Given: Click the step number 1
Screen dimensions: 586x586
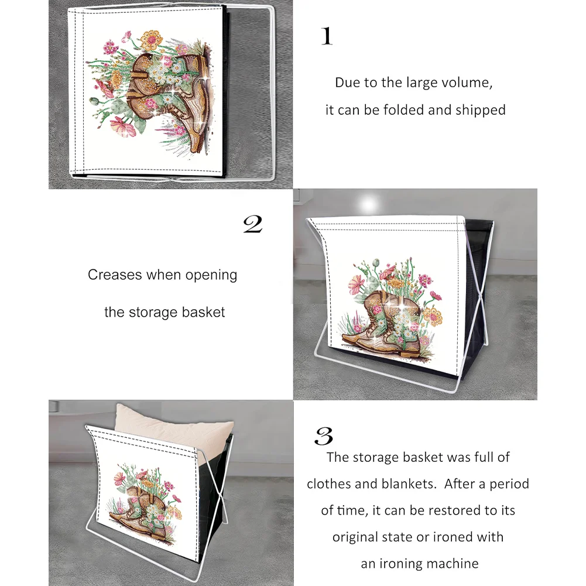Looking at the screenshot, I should click(327, 36).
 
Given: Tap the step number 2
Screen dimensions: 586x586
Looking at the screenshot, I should click(253, 225).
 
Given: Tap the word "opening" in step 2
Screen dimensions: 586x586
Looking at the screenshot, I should click(211, 275).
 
